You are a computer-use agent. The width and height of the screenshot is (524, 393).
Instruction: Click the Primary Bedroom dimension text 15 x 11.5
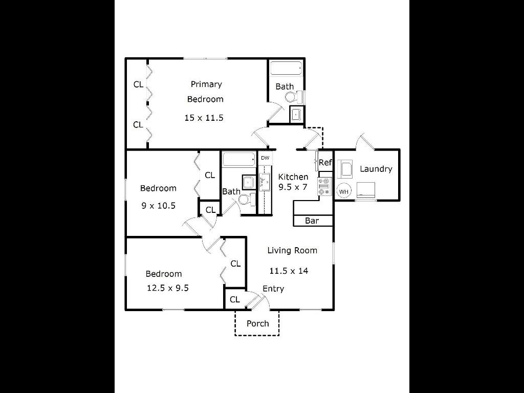204,118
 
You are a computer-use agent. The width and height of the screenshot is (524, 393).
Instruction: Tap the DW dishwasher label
265,158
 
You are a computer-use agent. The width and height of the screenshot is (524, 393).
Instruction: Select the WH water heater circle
343,191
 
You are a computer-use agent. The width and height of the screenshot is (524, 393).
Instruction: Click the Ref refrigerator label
325,162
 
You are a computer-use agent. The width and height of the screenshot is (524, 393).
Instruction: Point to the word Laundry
376,169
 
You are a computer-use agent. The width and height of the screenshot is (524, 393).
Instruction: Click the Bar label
312,221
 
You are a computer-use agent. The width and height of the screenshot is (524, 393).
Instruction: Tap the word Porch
258,323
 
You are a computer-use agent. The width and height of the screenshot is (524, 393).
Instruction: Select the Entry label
273,289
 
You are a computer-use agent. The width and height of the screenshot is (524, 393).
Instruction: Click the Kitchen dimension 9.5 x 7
293,187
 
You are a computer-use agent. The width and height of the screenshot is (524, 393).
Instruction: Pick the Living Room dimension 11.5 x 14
289,271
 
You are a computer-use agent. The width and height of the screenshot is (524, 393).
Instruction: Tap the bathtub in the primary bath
286,69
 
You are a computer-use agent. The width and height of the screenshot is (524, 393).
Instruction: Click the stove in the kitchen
324,186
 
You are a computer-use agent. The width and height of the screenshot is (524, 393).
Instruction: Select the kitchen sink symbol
265,182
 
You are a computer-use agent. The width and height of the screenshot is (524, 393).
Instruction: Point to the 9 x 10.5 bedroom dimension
159,206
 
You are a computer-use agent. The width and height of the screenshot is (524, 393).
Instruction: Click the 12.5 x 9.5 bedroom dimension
168,288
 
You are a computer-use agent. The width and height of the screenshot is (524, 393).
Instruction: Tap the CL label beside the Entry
235,299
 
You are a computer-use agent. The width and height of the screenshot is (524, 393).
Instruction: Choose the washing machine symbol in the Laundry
344,168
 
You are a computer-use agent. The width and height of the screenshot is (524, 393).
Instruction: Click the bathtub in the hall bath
239,160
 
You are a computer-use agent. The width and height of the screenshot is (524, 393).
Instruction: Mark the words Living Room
292,250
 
